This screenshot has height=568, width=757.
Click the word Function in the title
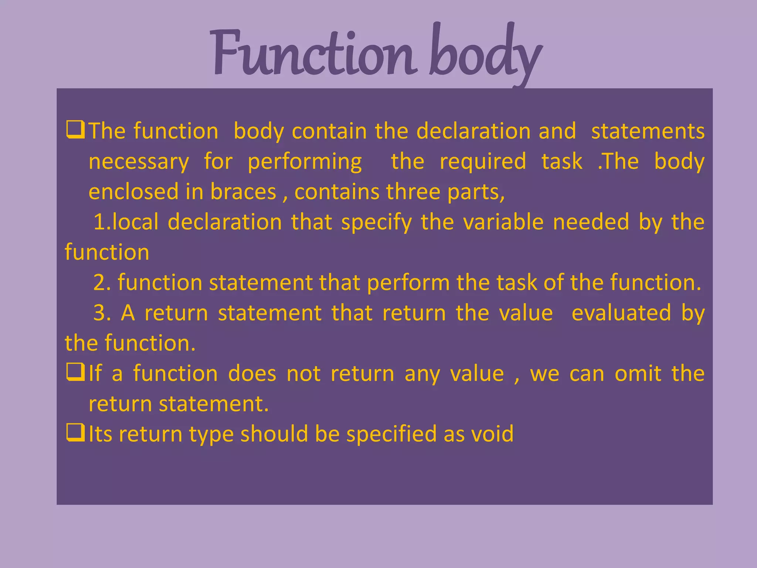312,54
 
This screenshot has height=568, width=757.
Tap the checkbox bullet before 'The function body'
75,130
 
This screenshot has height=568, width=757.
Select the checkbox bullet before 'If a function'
75,372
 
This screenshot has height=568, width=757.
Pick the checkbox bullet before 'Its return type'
75,433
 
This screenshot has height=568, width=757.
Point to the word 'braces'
243,192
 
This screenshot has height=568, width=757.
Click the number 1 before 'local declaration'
100,222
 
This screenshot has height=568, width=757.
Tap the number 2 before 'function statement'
100,283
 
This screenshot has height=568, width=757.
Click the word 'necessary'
139,162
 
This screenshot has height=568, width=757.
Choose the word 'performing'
305,162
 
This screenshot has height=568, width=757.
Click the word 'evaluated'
621,313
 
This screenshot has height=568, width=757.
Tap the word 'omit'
638,373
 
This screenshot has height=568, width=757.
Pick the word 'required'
483,162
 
